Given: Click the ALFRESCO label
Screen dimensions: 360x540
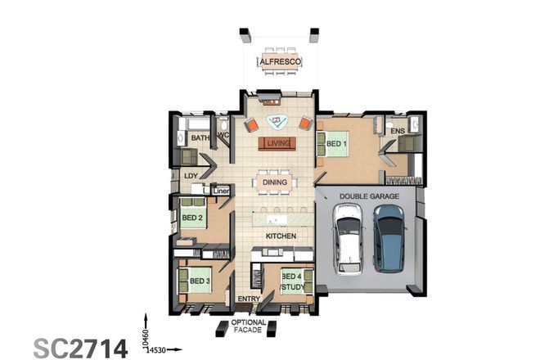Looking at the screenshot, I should (x=281, y=61).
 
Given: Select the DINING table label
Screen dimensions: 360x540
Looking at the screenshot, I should (x=275, y=182).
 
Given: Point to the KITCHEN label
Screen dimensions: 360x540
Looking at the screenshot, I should (x=280, y=236).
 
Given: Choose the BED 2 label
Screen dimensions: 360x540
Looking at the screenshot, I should (x=192, y=218).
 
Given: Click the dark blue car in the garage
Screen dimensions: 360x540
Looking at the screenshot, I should (x=389, y=238).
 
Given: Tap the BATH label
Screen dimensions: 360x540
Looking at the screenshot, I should (x=200, y=138).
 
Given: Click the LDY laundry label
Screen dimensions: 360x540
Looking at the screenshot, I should (x=191, y=175).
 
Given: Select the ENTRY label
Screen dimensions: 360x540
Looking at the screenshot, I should (x=248, y=299).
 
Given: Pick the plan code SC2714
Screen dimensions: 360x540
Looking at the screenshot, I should (x=80, y=347).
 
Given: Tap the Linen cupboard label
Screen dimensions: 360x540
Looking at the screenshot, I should (x=220, y=191).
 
